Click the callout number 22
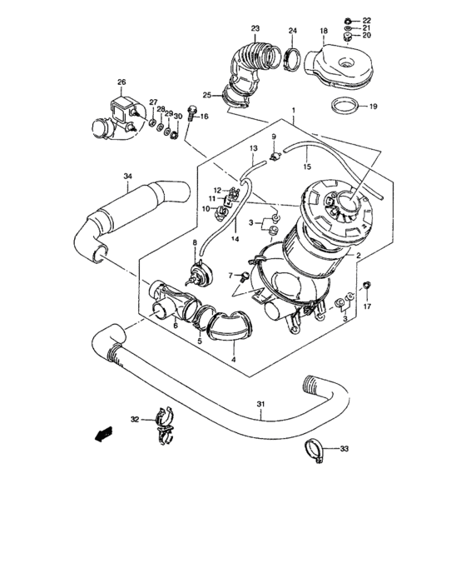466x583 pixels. [367, 18]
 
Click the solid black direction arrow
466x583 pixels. [103, 433]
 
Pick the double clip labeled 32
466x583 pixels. [164, 424]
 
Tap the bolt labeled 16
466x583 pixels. [191, 112]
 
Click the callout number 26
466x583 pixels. [121, 82]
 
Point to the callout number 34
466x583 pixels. [127, 176]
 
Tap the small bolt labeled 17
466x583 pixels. [367, 289]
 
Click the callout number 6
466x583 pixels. [175, 326]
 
